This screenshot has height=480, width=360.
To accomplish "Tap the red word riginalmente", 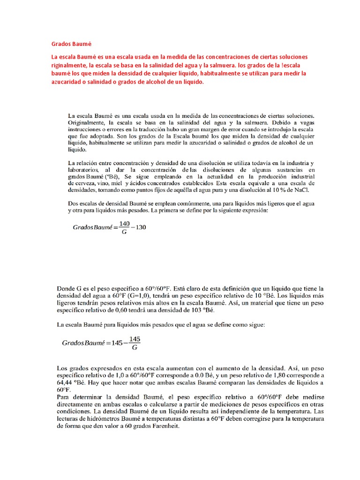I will click(x=71, y=65).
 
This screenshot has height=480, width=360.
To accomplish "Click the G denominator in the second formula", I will click(x=135, y=347).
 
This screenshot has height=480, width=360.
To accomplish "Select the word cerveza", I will click(x=78, y=182).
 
